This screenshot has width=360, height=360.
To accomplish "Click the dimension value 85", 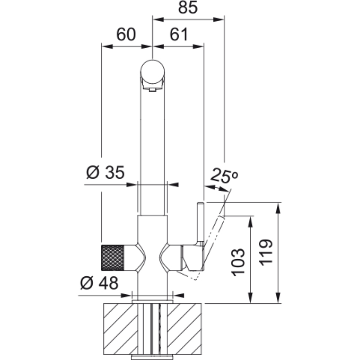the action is pyautogui.click(x=188, y=7).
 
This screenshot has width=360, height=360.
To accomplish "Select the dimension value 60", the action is pyautogui.click(x=126, y=35).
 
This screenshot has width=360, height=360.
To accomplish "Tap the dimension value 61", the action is pyautogui.click(x=179, y=35).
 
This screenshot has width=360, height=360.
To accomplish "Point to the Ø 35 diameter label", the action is pyautogui.click(x=105, y=172).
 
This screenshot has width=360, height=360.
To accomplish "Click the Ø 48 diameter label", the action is pyautogui.click(x=99, y=283).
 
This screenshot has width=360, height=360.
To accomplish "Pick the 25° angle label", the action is pyautogui.click(x=224, y=175).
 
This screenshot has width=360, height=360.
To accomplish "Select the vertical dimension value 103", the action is pyautogui.click(x=238, y=262).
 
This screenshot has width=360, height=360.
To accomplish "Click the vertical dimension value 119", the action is pyautogui.click(x=266, y=252).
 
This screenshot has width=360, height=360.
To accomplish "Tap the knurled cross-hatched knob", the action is pyautogui.click(x=112, y=257).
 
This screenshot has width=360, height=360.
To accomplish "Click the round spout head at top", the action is pyautogui.click(x=153, y=72).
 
